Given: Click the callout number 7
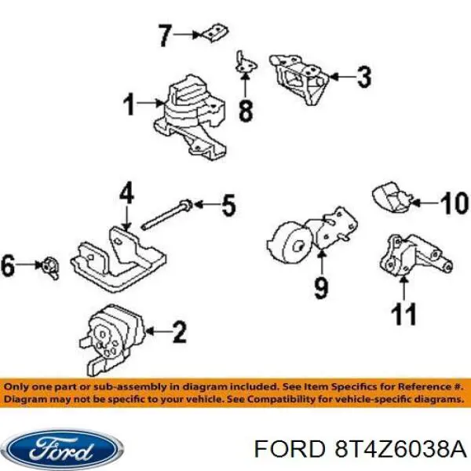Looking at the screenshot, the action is point(165,36).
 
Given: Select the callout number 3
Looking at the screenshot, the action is point(363,77).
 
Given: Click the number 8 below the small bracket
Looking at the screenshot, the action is point(246,111).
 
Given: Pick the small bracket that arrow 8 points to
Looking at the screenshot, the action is point(246,64).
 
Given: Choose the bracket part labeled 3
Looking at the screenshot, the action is point(300,78).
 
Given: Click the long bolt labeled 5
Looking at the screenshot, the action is point(166,215).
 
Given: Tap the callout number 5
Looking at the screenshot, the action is point(229,205).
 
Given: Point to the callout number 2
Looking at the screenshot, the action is point(180,331).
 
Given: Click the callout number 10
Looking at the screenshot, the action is point(455,203).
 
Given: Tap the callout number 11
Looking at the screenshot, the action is point(403,314).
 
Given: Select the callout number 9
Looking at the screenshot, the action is point(321,288).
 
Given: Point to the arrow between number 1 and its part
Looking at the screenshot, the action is point(150,104).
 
